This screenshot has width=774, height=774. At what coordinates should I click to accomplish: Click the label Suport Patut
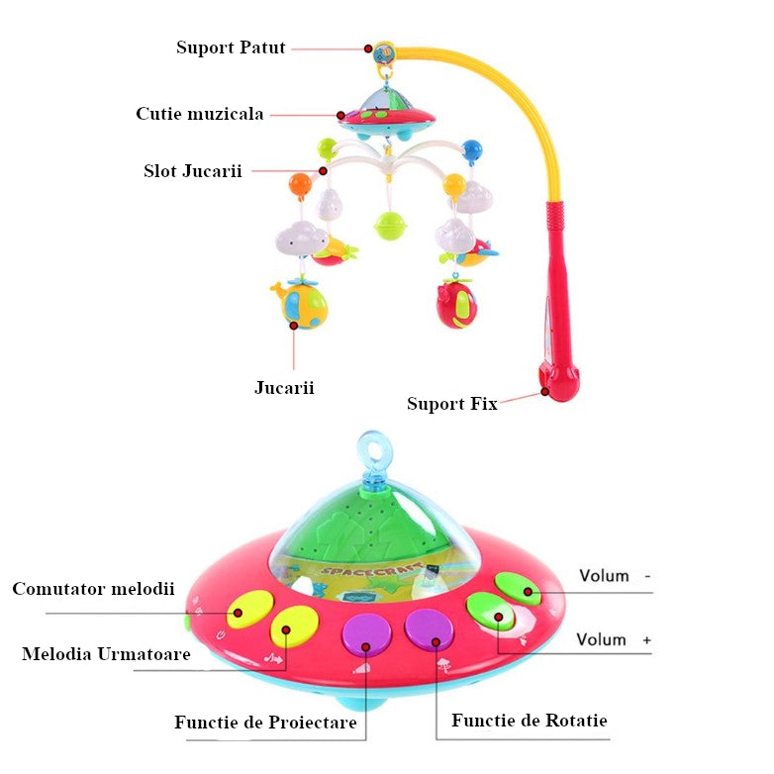[231, 48]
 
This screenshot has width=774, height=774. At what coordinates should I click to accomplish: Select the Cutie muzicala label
[200, 114]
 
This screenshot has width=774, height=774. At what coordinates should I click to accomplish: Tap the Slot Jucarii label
[192, 170]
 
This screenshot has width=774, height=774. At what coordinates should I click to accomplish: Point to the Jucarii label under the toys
[284, 387]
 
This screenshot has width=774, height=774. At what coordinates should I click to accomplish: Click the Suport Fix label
[451, 404]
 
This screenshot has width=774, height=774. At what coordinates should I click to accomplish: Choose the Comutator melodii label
[93, 589]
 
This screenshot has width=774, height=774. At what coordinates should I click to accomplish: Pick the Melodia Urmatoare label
[106, 654]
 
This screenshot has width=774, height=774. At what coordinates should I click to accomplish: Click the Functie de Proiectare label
[265, 723]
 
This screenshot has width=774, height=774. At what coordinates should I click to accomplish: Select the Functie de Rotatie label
[530, 720]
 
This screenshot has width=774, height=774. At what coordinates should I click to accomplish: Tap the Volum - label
[615, 575]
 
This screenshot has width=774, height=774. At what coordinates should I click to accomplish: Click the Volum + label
[614, 639]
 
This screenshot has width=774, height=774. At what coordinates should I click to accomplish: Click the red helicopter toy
[457, 304]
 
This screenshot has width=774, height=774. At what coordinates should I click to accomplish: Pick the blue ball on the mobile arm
[471, 149]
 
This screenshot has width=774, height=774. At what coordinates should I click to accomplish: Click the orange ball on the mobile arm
[300, 183]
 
